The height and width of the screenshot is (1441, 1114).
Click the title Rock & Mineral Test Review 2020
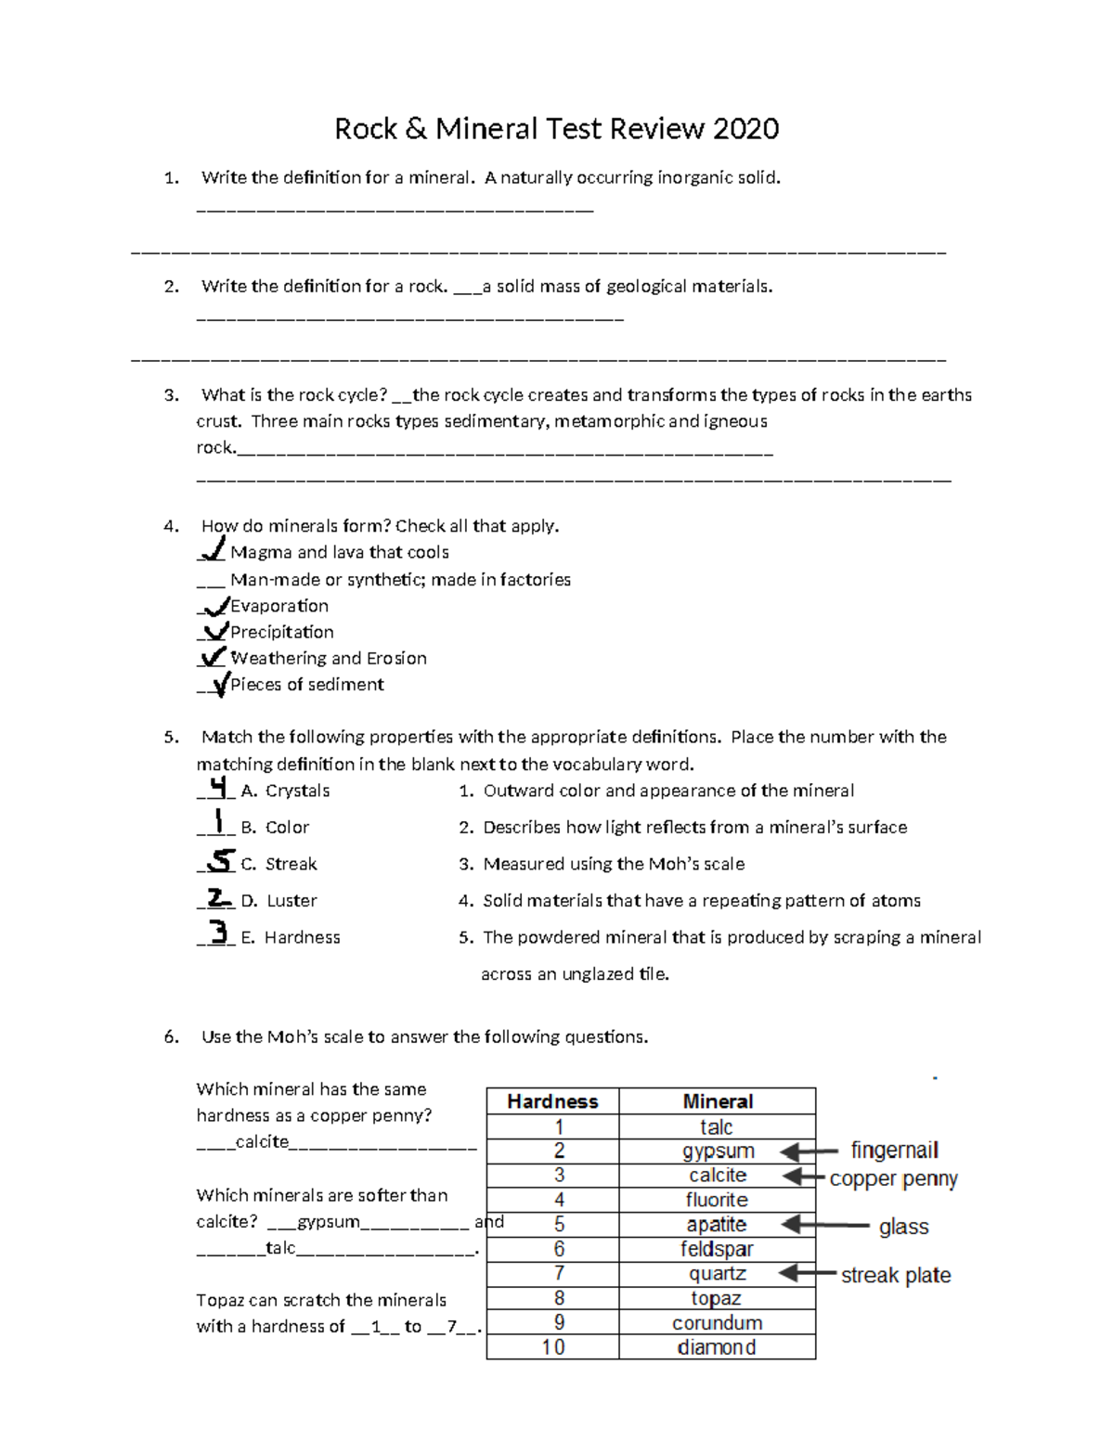pyautogui.click(x=556, y=128)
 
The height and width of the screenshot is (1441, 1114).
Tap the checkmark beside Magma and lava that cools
pyautogui.click(x=213, y=550)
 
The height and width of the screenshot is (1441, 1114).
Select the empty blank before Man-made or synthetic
pyautogui.click(x=210, y=581)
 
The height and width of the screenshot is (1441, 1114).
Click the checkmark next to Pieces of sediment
pyautogui.click(x=219, y=685)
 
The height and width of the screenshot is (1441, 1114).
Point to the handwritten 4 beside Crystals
pyautogui.click(x=217, y=788)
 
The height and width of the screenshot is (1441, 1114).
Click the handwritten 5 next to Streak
pyautogui.click(x=220, y=861)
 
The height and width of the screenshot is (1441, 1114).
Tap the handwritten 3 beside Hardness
pyautogui.click(x=218, y=932)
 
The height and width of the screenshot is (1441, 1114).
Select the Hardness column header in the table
pyautogui.click(x=552, y=1101)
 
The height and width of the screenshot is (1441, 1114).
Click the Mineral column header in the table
pyautogui.click(x=718, y=1101)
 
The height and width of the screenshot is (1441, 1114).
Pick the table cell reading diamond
pyautogui.click(x=717, y=1347)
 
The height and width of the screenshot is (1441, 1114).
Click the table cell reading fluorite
pyautogui.click(x=717, y=1200)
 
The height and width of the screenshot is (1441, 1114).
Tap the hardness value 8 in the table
pyautogui.click(x=559, y=1298)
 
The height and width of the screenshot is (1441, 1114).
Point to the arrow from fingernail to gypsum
pyautogui.click(x=810, y=1152)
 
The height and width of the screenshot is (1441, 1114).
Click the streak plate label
pyautogui.click(x=896, y=1275)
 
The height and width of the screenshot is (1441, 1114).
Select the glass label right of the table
pyautogui.click(x=903, y=1227)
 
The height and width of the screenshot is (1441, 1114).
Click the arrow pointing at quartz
pyautogui.click(x=808, y=1274)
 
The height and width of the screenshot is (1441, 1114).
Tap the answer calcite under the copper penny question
pyautogui.click(x=262, y=1141)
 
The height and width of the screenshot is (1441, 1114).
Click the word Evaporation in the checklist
pyautogui.click(x=279, y=606)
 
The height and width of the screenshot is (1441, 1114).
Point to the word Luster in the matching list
pyautogui.click(x=291, y=900)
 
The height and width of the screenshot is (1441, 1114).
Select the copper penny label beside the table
pyautogui.click(x=893, y=1178)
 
